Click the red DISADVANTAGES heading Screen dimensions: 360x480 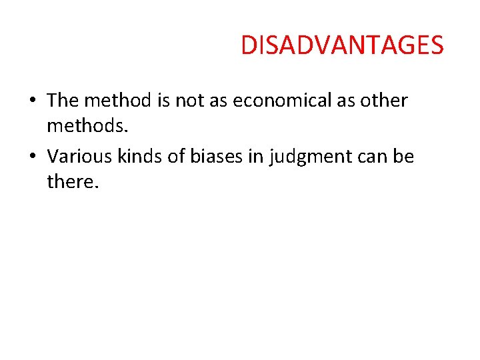[x=341, y=45]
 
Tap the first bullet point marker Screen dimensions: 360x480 [x=33, y=101]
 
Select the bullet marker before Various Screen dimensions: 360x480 [x=33, y=157]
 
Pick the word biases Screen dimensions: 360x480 [x=227, y=157]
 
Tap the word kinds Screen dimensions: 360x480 [x=143, y=157]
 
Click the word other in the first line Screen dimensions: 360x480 [x=383, y=101]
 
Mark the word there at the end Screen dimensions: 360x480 [x=73, y=181]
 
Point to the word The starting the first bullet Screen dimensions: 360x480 [x=63, y=101]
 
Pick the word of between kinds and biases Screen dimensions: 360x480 [x=180, y=157]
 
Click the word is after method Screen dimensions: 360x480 [x=164, y=101]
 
